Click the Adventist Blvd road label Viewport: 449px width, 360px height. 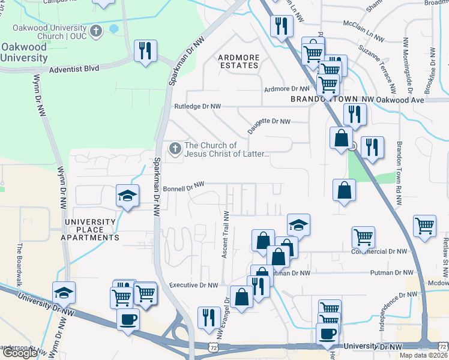[74, 69]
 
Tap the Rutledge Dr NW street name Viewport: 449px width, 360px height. [197, 106]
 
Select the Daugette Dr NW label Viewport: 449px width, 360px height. [270, 121]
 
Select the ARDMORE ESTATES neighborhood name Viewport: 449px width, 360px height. [239, 61]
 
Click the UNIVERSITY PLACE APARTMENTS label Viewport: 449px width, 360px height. [92, 230]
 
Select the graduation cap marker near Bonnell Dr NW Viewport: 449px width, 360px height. [128, 196]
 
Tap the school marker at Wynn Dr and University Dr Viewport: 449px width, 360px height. [64, 293]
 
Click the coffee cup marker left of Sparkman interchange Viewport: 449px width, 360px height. [128, 319]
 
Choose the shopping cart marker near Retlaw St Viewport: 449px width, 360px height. [424, 226]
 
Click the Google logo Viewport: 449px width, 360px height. [20, 353]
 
